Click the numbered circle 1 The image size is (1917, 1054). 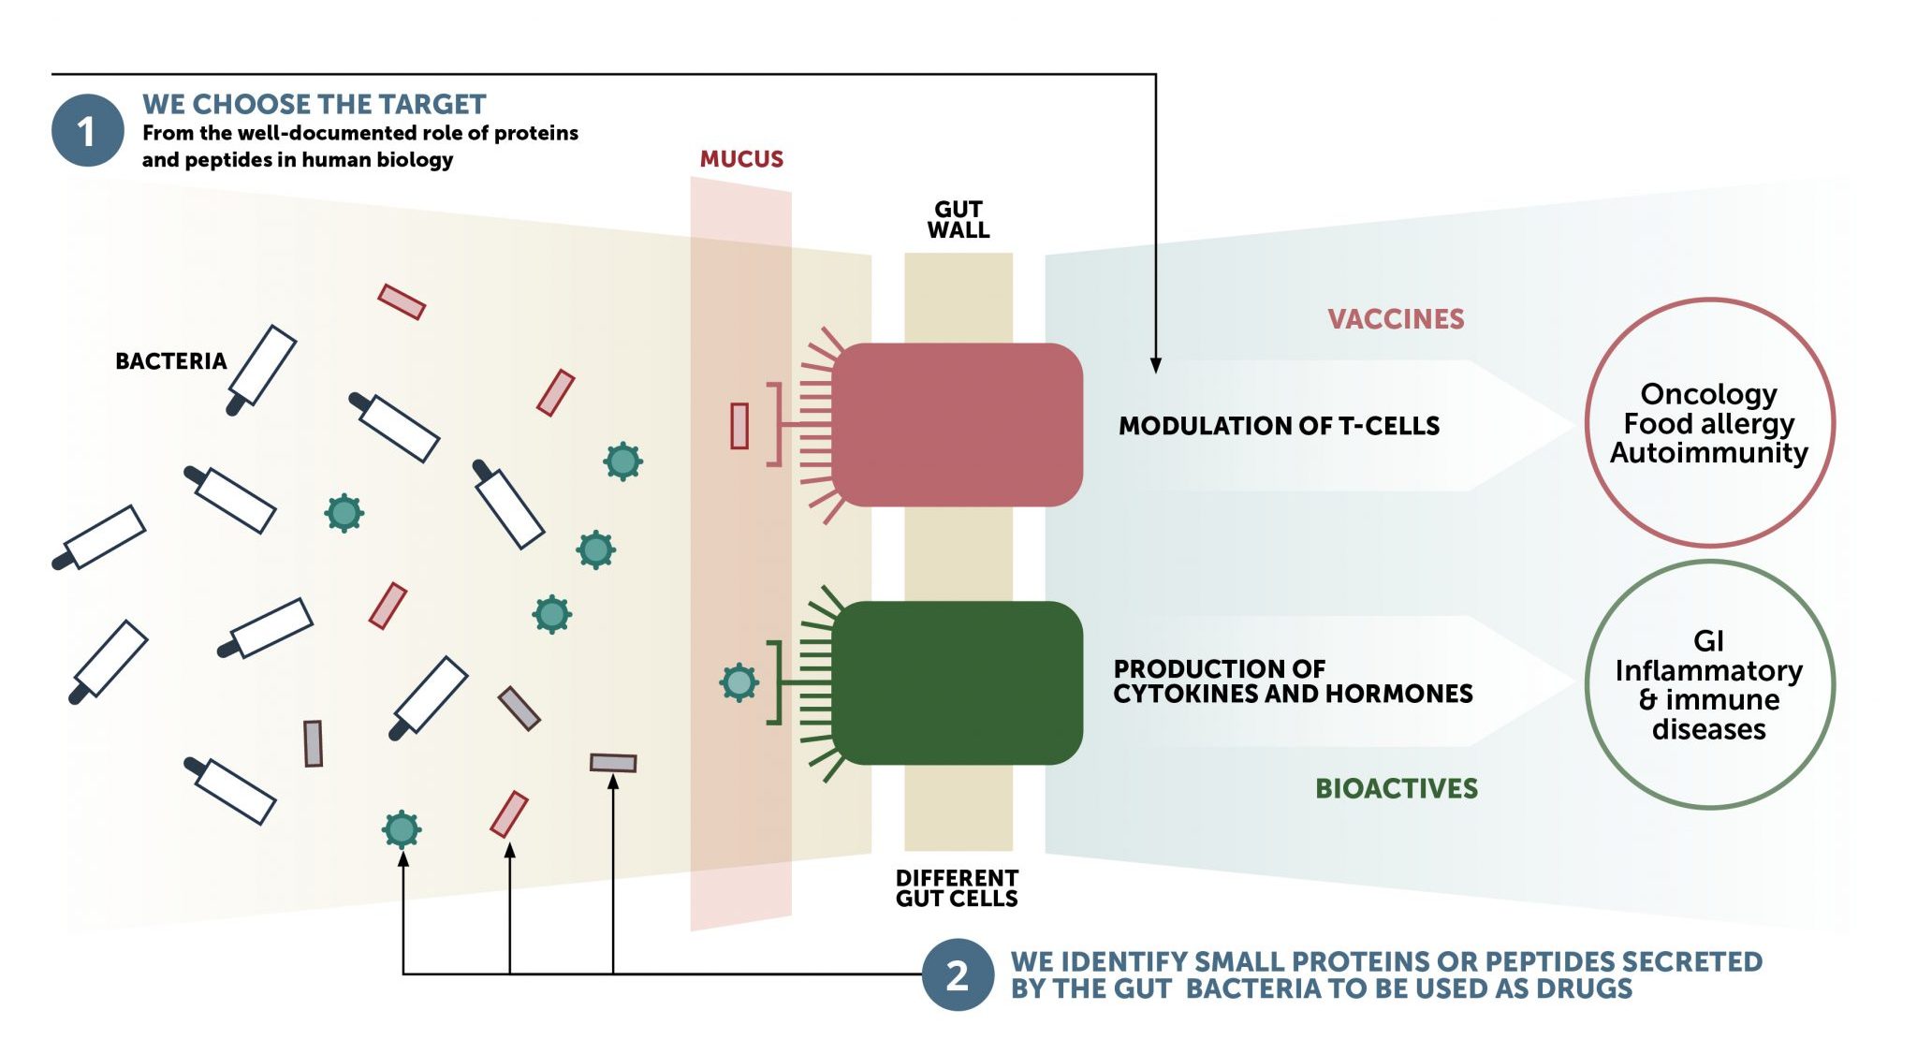point(87,131)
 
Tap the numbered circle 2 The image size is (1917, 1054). point(957,975)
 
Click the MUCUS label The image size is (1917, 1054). point(741,159)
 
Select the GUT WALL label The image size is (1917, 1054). point(958,220)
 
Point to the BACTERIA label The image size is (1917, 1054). point(170,361)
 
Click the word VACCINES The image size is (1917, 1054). point(1396,319)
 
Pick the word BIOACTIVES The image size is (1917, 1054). point(1397,788)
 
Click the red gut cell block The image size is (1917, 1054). point(957,425)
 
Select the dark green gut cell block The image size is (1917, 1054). point(957,682)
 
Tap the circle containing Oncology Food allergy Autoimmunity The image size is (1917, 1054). point(1709,423)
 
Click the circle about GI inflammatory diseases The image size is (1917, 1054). point(1709,684)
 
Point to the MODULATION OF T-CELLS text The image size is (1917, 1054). point(1279,426)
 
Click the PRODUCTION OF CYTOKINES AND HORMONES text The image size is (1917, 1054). point(1292,681)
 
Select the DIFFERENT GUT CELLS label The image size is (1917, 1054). point(957,888)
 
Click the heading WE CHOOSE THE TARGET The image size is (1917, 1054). point(314,104)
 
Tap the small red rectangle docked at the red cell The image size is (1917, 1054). point(739,426)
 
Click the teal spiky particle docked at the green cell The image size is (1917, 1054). point(739,682)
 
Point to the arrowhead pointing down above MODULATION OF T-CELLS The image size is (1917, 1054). point(1156,365)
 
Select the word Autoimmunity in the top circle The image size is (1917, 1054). point(1709,453)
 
